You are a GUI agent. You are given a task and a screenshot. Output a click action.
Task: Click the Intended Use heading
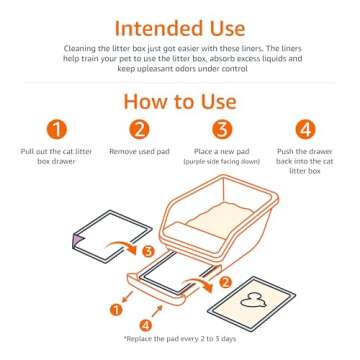point(180,26)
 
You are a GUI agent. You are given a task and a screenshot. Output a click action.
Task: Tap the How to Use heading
point(180,102)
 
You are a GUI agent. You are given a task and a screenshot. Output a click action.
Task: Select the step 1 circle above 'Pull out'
point(59,129)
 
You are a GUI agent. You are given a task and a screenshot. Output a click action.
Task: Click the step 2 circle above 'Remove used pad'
point(140,129)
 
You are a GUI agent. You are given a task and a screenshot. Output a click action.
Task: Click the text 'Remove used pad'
point(140,151)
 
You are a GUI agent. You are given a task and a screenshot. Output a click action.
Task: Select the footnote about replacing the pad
point(180,339)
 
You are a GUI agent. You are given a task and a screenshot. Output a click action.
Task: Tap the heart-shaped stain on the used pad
point(254,300)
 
